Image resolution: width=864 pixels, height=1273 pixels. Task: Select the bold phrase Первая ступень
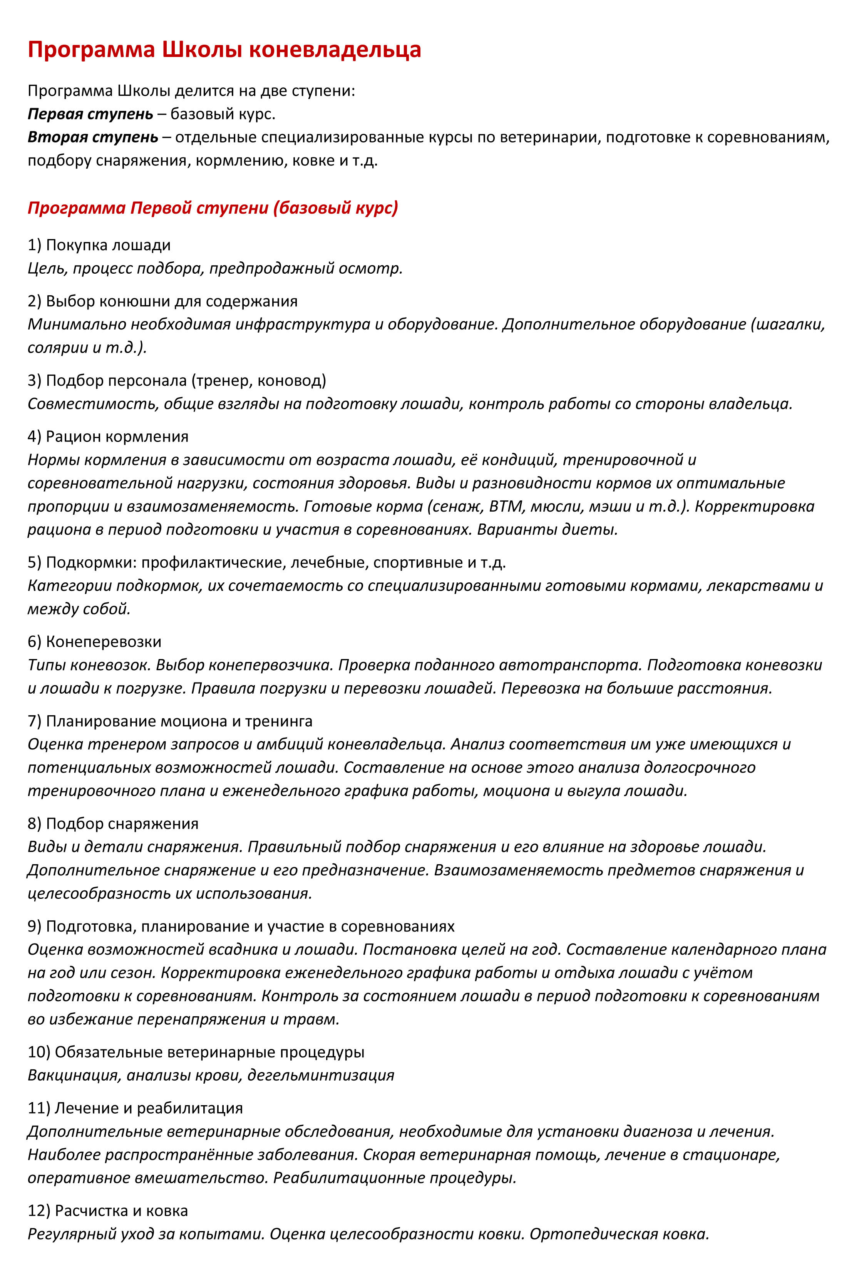click(x=90, y=114)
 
